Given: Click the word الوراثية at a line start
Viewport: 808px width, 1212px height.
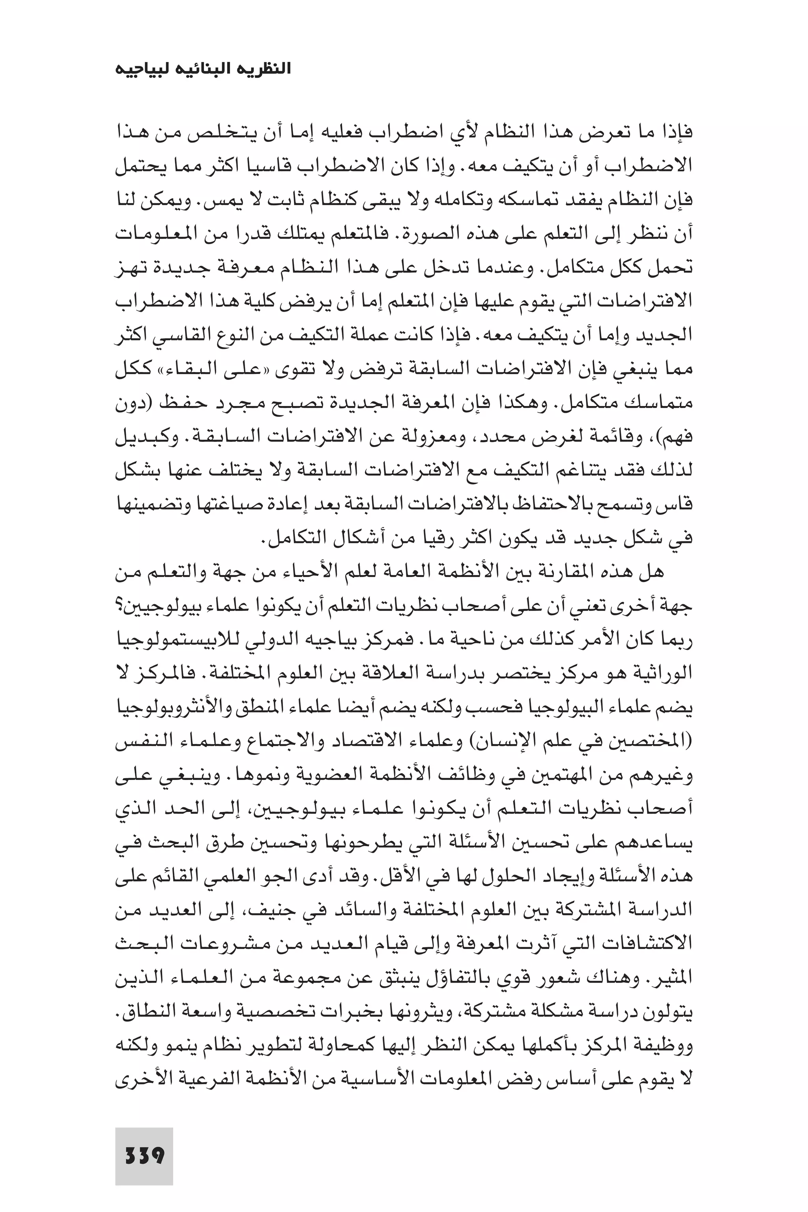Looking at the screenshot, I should tap(668, 674).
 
